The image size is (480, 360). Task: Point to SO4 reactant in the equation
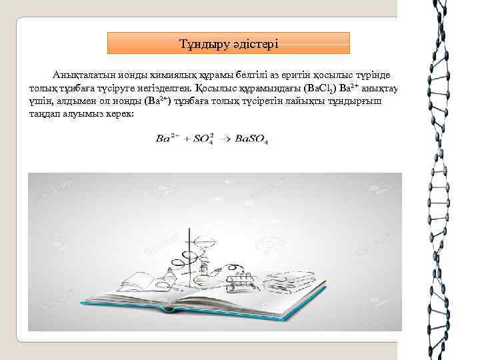[x=202, y=139]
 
